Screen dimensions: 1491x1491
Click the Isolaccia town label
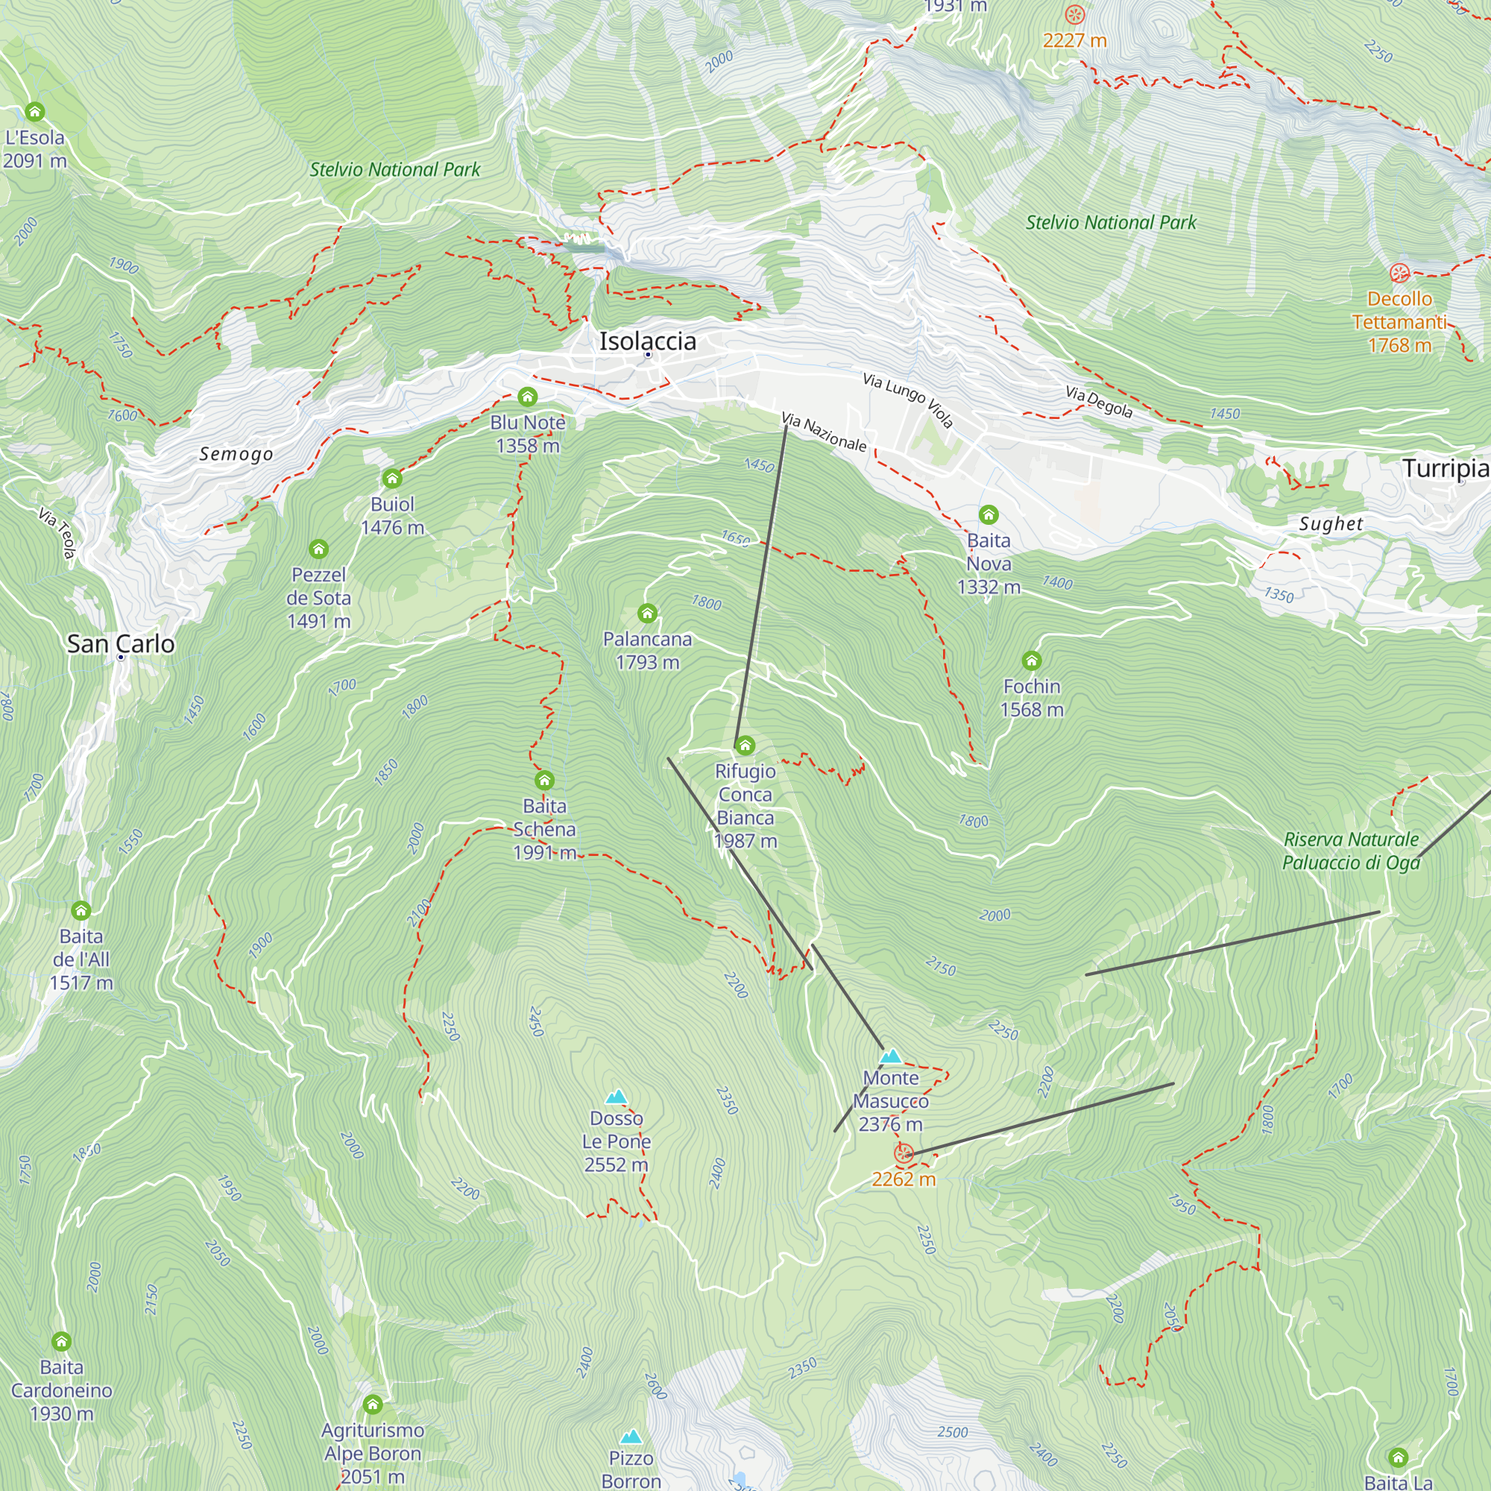(648, 341)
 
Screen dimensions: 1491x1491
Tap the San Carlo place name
(122, 643)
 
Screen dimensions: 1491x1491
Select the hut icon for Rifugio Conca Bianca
(745, 745)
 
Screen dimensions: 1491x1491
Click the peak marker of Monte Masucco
(892, 1056)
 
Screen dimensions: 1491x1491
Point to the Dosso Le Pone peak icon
(616, 1097)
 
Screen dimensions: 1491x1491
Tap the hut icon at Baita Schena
(544, 781)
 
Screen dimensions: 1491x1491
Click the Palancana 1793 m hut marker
(648, 614)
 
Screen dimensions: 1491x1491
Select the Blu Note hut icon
(527, 397)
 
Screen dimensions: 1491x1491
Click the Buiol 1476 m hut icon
(392, 479)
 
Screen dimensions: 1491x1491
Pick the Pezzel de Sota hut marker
(319, 549)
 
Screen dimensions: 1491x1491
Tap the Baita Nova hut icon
(989, 514)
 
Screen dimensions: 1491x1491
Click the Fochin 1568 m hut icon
(1032, 661)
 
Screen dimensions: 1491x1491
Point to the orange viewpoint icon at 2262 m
(904, 1155)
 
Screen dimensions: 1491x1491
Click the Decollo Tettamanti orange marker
(1399, 273)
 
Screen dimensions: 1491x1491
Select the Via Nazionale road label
(825, 432)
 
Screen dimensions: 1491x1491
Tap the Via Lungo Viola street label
(907, 400)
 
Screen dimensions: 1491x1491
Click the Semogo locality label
(236, 454)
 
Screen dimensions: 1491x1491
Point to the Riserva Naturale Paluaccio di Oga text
(1351, 851)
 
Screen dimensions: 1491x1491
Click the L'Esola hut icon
(35, 112)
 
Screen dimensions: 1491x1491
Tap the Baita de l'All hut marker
(81, 911)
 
